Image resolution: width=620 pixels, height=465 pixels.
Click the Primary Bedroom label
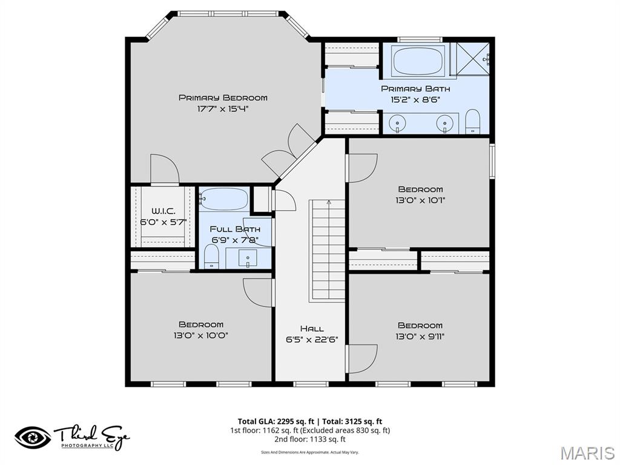(222, 97)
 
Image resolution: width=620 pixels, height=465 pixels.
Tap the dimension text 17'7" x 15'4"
(222, 109)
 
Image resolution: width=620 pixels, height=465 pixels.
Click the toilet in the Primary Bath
(472, 122)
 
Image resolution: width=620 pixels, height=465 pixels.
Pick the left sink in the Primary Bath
(397, 123)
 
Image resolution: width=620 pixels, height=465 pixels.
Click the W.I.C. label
(163, 211)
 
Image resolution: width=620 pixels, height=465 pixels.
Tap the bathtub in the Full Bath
(224, 199)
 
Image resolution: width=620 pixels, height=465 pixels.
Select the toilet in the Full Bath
(211, 258)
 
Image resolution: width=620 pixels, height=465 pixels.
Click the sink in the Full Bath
(248, 259)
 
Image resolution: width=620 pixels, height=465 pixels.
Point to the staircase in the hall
(328, 251)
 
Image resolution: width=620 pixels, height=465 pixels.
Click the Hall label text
(312, 328)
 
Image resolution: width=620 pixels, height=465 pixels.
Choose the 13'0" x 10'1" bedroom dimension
(420, 200)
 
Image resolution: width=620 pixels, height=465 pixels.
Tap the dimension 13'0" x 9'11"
(420, 337)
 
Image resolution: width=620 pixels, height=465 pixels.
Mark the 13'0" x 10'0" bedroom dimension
(200, 335)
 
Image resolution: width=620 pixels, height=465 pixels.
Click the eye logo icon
(33, 437)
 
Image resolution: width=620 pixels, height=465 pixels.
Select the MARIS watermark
(587, 452)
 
